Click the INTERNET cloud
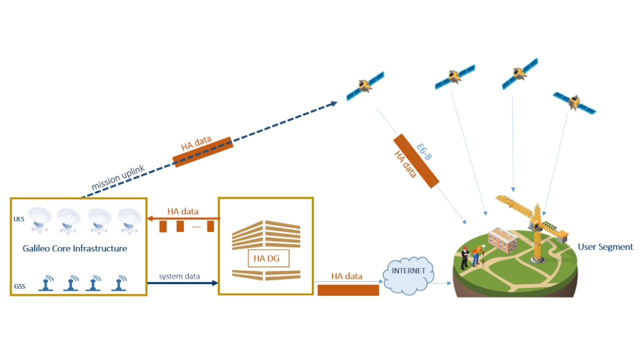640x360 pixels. coord(408,272)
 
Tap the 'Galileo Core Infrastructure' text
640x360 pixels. coord(75,248)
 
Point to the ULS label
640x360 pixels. coord(18,218)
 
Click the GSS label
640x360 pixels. coord(19,286)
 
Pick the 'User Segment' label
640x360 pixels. coord(605,247)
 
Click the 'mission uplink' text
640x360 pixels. coord(118,178)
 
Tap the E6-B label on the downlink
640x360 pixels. coord(424,152)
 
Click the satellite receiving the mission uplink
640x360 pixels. coord(365,85)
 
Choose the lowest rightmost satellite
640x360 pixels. coord(574,102)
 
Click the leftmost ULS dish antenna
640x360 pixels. coord(40,220)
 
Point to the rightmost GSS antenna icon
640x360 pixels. coord(118,283)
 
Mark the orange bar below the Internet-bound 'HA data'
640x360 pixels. coord(348,290)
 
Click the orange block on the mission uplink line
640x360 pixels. coord(202,151)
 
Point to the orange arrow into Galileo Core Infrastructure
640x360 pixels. coord(182,218)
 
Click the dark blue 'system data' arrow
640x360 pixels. coord(182,283)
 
